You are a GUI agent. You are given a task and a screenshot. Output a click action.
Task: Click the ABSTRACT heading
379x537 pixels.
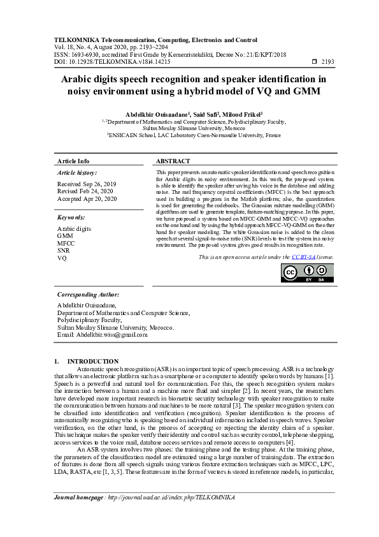click(x=173, y=161)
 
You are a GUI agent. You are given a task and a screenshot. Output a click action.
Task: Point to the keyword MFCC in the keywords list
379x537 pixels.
click(x=66, y=244)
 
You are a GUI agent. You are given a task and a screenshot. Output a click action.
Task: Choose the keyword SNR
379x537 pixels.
click(x=64, y=251)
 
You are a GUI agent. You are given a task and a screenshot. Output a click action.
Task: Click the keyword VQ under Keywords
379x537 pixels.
click(x=62, y=259)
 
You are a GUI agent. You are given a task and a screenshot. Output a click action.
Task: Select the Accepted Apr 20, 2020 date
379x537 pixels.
click(x=87, y=199)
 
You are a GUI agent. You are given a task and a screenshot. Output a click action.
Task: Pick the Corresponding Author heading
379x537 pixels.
click(x=88, y=295)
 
